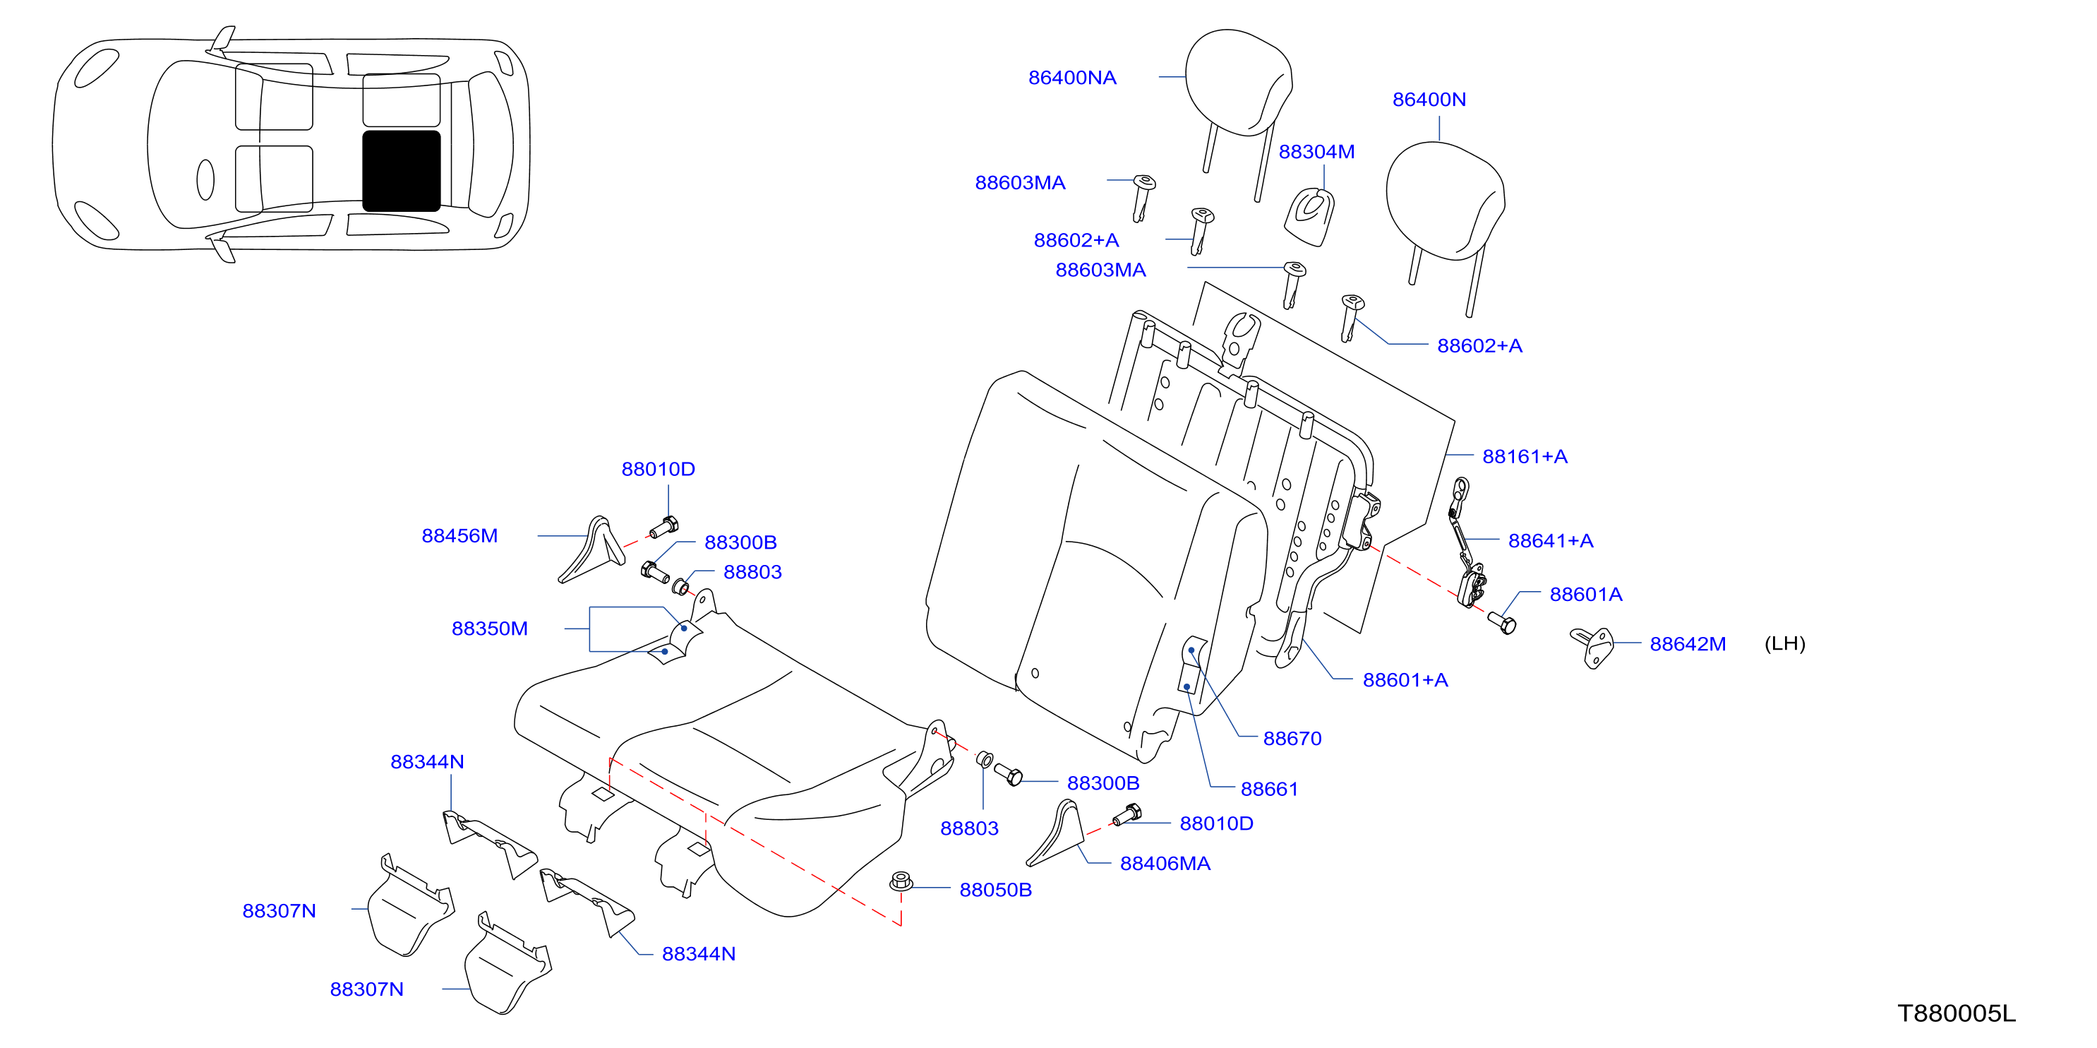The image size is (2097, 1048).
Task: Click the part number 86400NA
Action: click(1072, 78)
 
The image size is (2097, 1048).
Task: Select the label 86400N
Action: click(1429, 100)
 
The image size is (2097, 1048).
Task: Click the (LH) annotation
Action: click(1784, 643)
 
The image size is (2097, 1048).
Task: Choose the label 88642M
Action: click(1688, 644)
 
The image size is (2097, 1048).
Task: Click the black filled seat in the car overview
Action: click(402, 171)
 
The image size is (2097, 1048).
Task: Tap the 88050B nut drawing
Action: click(901, 881)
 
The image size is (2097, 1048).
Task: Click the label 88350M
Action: click(489, 629)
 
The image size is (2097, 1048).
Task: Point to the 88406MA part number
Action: click(1165, 863)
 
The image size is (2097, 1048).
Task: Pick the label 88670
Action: click(1292, 739)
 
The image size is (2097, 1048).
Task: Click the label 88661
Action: click(1269, 789)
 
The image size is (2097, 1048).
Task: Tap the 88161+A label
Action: click(1525, 457)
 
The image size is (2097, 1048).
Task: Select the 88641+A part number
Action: click(1551, 541)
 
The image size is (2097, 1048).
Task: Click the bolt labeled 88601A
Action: click(1502, 623)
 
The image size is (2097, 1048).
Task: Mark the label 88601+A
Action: click(1405, 680)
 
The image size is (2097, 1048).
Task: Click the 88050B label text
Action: click(996, 890)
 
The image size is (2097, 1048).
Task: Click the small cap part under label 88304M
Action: click(1310, 217)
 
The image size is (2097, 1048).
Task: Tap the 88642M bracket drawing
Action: click(1592, 648)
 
